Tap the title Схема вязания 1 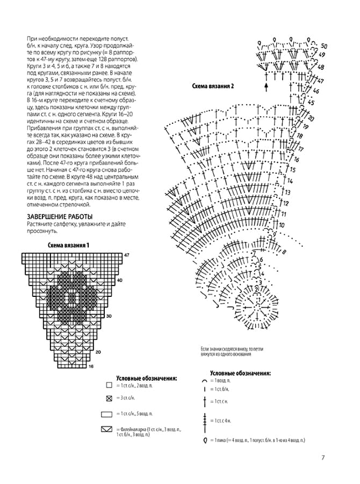68,245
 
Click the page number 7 323,458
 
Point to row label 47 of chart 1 127,254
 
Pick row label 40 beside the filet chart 120,280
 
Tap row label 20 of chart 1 98,352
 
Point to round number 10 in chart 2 282,225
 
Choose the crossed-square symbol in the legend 109,398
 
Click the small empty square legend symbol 109,386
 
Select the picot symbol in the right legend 205,440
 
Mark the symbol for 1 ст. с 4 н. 205,420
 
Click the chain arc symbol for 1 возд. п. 205,380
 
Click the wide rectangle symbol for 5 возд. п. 106,414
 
